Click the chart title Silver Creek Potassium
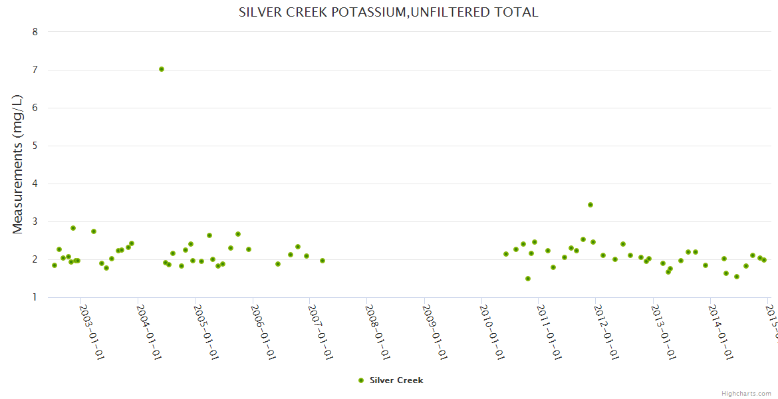tap(388, 12)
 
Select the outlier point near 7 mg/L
tap(162, 69)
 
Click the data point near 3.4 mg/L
tap(590, 205)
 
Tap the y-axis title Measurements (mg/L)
tap(18, 164)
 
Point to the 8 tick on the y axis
tap(35, 32)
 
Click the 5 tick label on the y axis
tap(35, 146)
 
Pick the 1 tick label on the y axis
tap(35, 297)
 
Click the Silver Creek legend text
tap(396, 380)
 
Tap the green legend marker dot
tap(361, 380)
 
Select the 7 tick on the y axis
tap(35, 70)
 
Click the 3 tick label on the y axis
tap(35, 221)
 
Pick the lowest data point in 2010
tap(528, 279)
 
